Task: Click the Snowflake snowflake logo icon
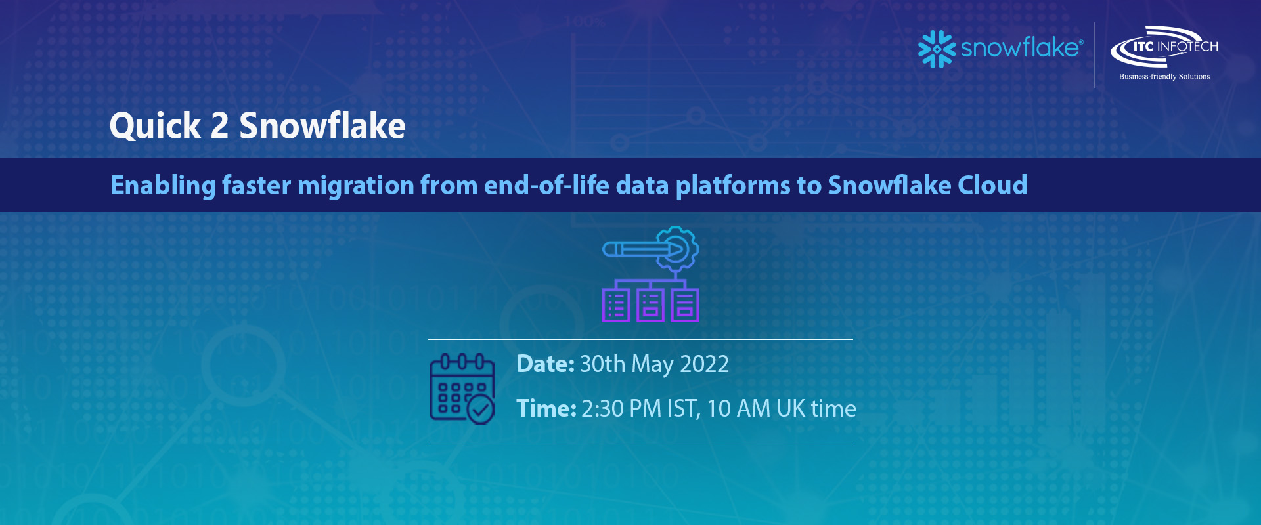coord(937,49)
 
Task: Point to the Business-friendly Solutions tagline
coord(1164,77)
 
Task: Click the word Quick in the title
coord(155,126)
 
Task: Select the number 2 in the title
coord(219,125)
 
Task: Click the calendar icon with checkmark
coord(462,388)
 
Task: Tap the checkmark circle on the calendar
coord(480,409)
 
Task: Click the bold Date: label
coord(545,364)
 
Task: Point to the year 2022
coord(704,364)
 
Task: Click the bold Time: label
coord(546,409)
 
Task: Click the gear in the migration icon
coord(677,249)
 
